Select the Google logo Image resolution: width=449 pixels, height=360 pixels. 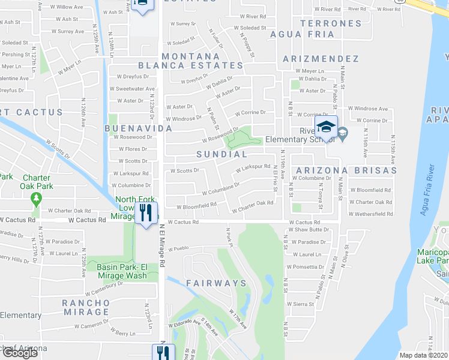coord(20,352)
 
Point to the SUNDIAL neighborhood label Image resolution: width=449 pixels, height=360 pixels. coord(221,154)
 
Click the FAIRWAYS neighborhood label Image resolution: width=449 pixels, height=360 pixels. coord(215,283)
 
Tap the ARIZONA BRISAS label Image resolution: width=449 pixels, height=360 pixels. coord(345,170)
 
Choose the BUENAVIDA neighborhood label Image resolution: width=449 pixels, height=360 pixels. coord(138,128)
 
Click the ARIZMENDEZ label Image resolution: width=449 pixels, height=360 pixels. coord(321,59)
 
